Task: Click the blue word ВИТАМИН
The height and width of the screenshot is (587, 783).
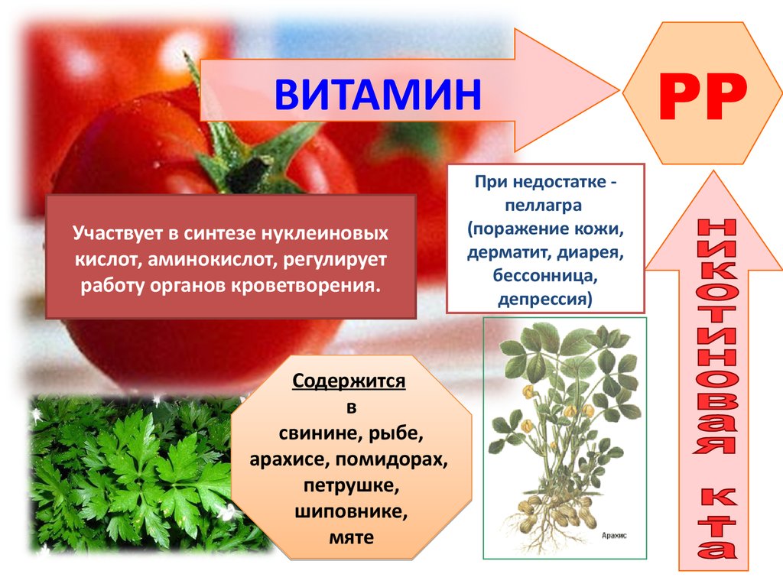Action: click(378, 94)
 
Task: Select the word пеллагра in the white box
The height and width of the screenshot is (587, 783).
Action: click(544, 205)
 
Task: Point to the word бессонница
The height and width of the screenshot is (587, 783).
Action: click(545, 275)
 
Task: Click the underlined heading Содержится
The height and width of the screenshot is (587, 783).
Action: click(349, 381)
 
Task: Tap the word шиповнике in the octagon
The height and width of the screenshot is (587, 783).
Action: click(350, 511)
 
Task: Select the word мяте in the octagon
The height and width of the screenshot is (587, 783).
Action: click(351, 537)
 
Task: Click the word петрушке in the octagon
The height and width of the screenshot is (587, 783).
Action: click(351, 485)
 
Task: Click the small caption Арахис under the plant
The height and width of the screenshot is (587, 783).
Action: click(614, 536)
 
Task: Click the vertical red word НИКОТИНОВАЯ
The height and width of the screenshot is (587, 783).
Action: click(716, 337)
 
